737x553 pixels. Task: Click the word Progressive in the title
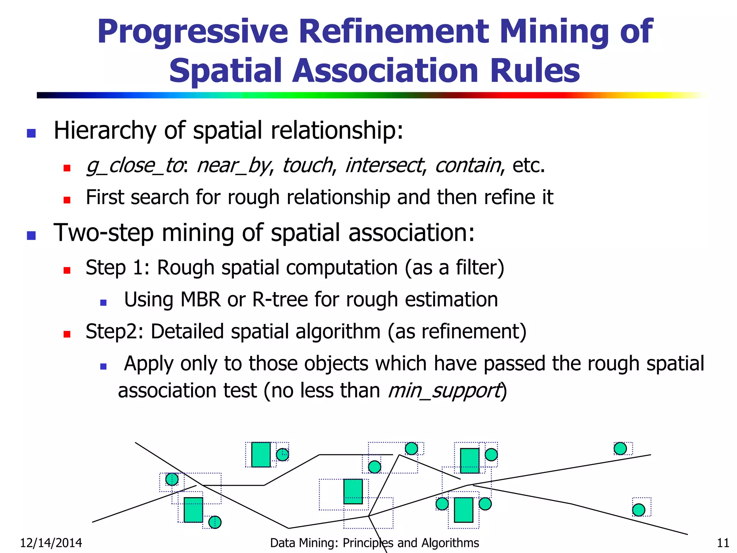pos(193,32)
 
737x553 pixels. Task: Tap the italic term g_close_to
pos(134,166)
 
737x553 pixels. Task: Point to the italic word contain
pos(467,166)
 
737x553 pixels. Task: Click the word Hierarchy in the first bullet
pos(105,130)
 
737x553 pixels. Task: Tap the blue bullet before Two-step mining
pos(31,236)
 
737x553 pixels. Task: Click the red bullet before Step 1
pos(67,270)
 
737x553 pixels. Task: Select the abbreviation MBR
pos(200,300)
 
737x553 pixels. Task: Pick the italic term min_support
pos(444,391)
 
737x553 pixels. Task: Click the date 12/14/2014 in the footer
pos(51,543)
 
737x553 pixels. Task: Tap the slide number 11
pos(723,543)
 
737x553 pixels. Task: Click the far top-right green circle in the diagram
pos(620,449)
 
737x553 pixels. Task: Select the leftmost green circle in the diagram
pos(172,479)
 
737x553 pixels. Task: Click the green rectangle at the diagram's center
pos(353,491)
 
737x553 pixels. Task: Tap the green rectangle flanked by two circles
pos(464,510)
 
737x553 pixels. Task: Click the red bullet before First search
pos(67,200)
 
